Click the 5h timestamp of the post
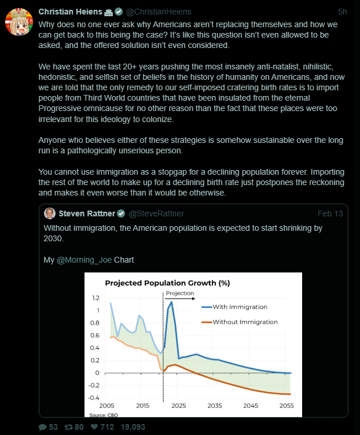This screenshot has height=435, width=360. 342,12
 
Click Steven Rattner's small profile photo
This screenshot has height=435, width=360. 50,213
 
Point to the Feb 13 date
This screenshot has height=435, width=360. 330,213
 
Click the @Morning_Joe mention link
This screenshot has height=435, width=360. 84,260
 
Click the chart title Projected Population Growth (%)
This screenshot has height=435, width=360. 167,283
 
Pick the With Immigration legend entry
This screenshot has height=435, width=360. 239,307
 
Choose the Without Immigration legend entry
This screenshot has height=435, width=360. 244,322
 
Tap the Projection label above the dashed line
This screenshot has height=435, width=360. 180,293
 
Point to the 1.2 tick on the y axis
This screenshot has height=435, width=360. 95,298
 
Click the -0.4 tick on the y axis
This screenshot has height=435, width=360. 94,398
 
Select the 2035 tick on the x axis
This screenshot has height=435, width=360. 214,406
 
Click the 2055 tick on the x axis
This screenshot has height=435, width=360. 286,406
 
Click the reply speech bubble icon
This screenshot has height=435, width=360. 42,427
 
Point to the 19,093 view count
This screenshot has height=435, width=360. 133,427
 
